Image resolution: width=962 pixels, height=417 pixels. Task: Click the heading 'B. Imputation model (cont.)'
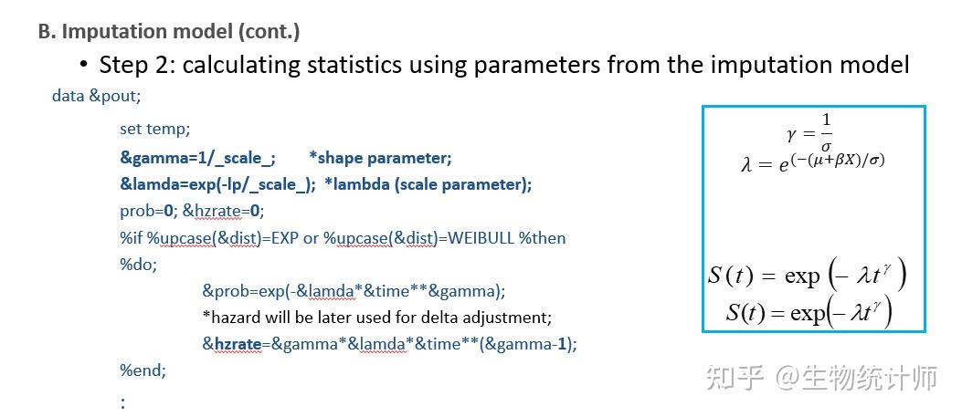(x=169, y=31)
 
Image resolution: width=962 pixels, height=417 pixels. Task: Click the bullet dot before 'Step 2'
(x=84, y=65)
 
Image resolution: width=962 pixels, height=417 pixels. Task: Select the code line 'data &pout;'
(x=96, y=95)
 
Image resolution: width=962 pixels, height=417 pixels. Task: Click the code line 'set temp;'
(x=154, y=130)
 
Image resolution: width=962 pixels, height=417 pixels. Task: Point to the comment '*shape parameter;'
(x=380, y=157)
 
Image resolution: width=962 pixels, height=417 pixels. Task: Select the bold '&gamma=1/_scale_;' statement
(x=197, y=157)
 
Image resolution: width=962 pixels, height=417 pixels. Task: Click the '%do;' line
(x=138, y=265)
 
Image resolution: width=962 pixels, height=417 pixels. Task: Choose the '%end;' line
(x=143, y=370)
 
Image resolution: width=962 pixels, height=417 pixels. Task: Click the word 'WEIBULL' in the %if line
(x=475, y=238)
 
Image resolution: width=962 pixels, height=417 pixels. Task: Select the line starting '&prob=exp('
(x=354, y=291)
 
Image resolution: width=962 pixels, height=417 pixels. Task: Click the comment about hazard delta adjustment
(x=377, y=318)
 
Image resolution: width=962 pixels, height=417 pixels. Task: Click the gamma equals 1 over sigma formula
(x=811, y=133)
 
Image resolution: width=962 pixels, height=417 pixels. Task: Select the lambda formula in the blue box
(x=812, y=162)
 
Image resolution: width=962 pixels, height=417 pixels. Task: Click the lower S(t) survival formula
(x=809, y=313)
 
